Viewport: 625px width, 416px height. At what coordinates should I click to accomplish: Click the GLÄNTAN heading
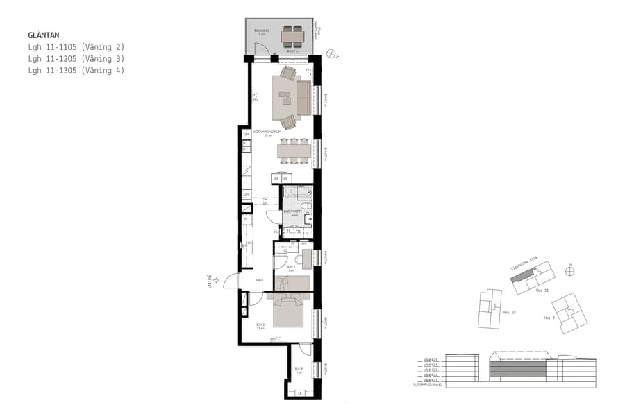43,35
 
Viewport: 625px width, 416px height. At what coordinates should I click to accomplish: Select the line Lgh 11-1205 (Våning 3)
76,59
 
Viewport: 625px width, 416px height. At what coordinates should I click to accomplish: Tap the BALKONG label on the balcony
261,31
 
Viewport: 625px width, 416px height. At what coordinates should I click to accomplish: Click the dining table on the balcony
292,35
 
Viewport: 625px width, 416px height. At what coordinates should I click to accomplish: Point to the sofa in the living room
304,98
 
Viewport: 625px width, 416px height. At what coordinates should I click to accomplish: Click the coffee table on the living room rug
286,98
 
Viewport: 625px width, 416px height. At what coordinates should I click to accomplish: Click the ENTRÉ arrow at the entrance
215,280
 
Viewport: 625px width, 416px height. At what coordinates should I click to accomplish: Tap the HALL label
260,280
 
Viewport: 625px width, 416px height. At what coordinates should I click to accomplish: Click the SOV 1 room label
290,266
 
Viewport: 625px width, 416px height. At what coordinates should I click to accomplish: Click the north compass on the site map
569,272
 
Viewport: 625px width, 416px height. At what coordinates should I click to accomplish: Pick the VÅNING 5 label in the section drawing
428,359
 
